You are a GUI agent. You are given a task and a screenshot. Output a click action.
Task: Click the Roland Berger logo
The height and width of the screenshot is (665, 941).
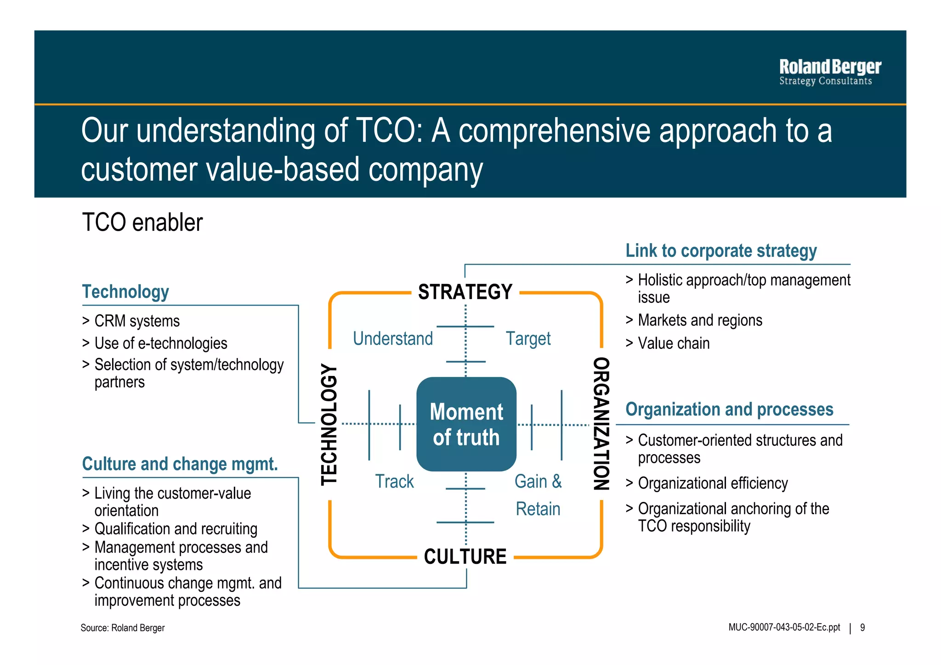point(829,72)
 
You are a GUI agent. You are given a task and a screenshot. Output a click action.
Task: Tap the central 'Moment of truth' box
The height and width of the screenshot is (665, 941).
point(466,424)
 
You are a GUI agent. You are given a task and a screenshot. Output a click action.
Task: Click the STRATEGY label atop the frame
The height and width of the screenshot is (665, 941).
point(465,292)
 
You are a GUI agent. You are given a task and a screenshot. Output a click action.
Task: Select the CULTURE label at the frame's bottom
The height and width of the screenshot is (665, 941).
point(465,557)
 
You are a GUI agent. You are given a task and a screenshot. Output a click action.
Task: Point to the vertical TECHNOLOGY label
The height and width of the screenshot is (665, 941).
point(329,424)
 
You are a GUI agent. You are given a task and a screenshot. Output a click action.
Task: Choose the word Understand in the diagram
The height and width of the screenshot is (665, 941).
point(393,339)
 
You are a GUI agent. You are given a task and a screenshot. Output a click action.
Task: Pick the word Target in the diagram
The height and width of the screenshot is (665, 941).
point(528,339)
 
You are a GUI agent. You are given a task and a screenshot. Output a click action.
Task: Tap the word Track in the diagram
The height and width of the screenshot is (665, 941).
point(394,482)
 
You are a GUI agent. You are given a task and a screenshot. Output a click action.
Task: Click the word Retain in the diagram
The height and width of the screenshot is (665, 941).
point(538,509)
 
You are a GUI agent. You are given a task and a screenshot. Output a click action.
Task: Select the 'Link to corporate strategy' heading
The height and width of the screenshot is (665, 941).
point(721,251)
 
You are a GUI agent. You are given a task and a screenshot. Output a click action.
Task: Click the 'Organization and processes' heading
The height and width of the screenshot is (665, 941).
point(729,409)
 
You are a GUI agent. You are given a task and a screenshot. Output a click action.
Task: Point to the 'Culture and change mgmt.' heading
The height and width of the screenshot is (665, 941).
point(180,464)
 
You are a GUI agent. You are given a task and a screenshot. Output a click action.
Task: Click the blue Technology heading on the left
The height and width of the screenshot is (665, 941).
point(125,292)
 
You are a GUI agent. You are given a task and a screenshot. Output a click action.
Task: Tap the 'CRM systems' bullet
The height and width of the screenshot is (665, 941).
point(136,321)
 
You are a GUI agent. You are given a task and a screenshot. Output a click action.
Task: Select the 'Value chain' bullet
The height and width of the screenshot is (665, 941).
point(673,343)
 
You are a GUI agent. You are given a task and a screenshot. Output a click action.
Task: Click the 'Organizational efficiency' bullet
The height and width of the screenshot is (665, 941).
point(712,483)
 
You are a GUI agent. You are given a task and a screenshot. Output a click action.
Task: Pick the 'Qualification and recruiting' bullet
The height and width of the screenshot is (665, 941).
point(176,529)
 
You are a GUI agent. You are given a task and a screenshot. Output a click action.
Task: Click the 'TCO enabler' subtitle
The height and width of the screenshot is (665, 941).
point(142,223)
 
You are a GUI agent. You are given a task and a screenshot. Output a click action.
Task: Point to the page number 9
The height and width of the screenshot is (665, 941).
point(862,628)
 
